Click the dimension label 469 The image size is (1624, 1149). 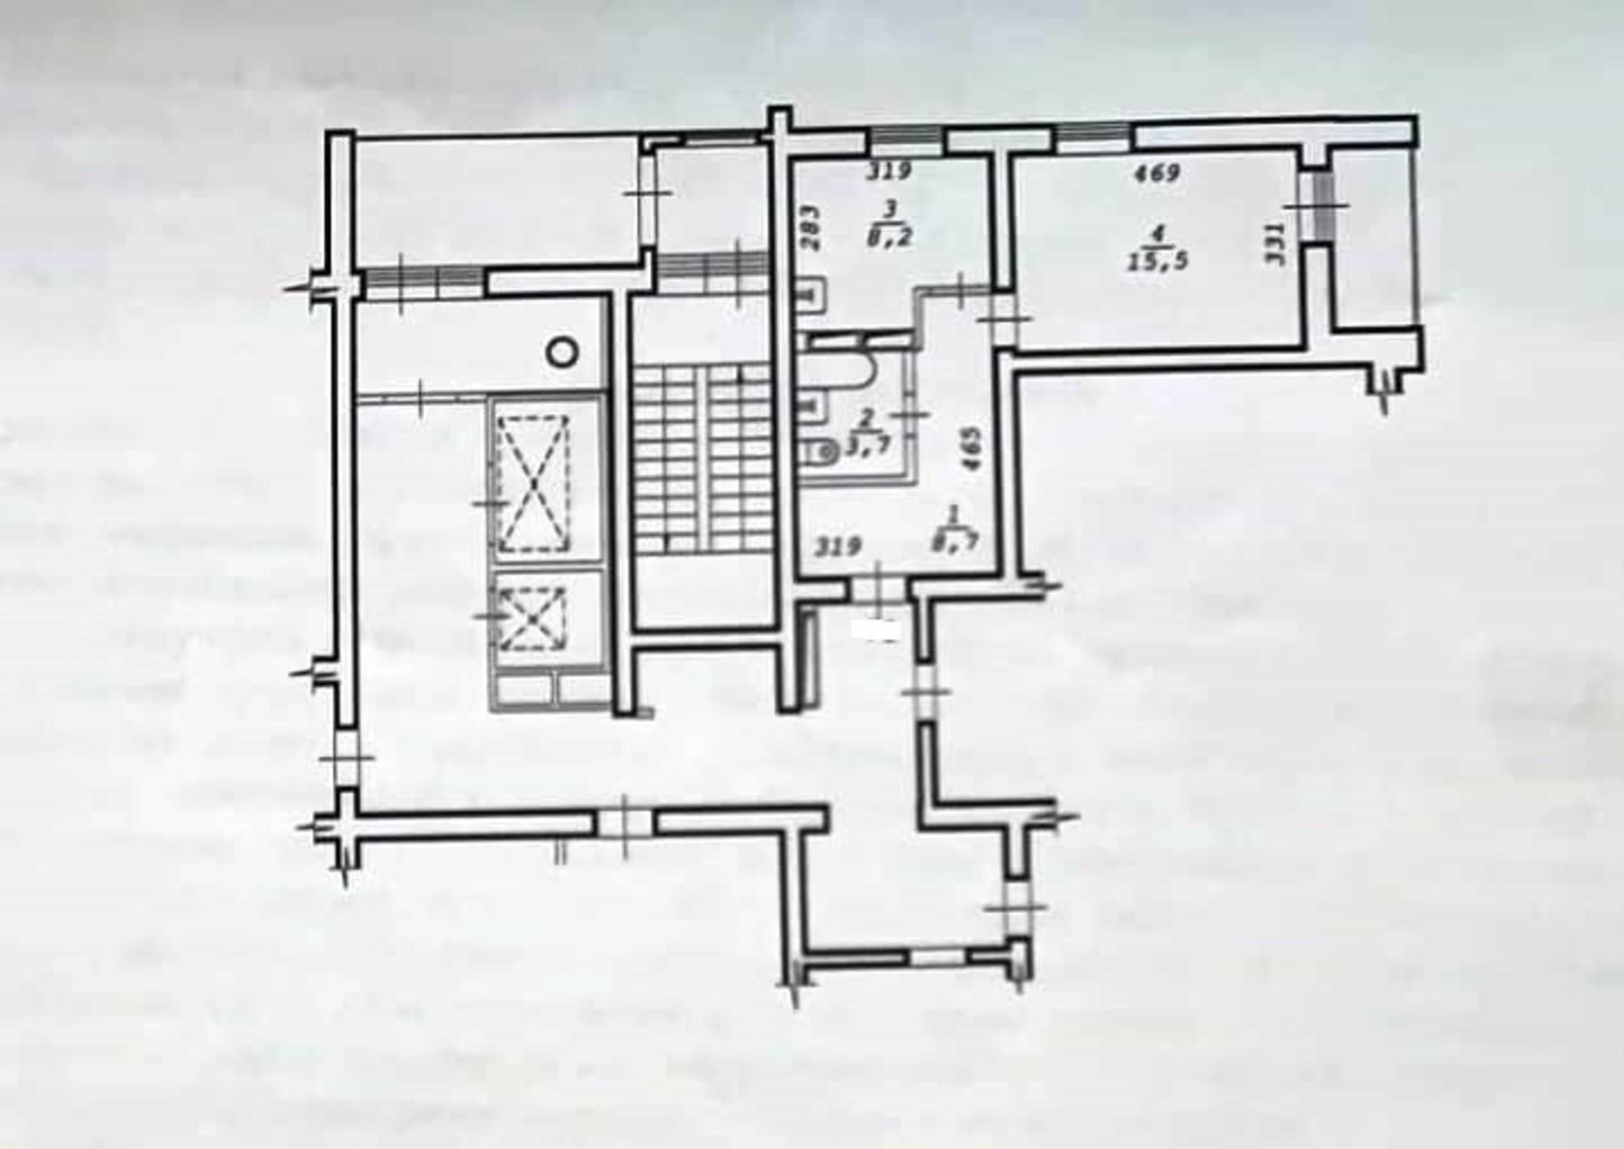pos(1157,173)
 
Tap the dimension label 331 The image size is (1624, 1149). pos(1276,244)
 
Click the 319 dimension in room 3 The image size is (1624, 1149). pos(890,172)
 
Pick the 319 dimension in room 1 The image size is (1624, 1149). pos(838,546)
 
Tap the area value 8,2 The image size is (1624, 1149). pos(891,237)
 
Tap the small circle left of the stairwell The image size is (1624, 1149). pos(562,352)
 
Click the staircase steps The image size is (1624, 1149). pos(702,455)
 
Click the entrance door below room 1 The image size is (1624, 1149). pos(875,587)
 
